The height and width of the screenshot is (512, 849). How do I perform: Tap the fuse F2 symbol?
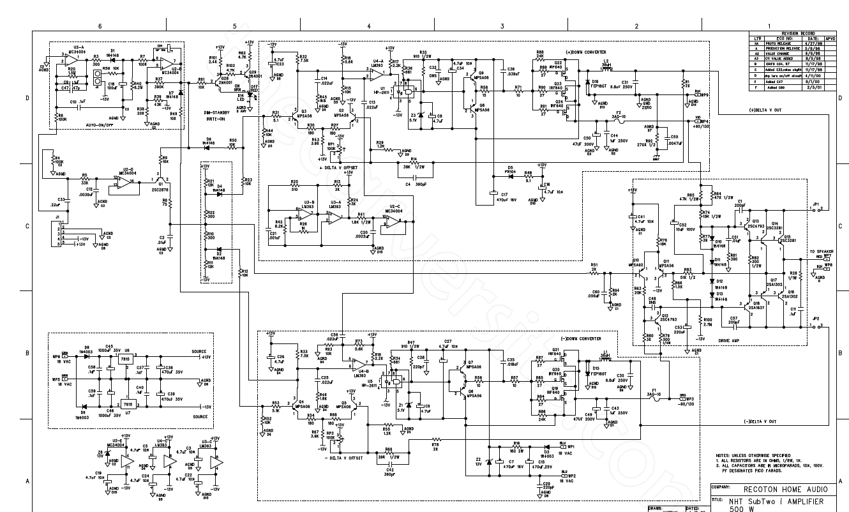(x=619, y=119)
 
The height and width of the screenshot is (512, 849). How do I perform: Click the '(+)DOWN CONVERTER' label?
(x=586, y=52)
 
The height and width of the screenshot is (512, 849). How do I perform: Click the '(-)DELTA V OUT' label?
(x=760, y=422)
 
